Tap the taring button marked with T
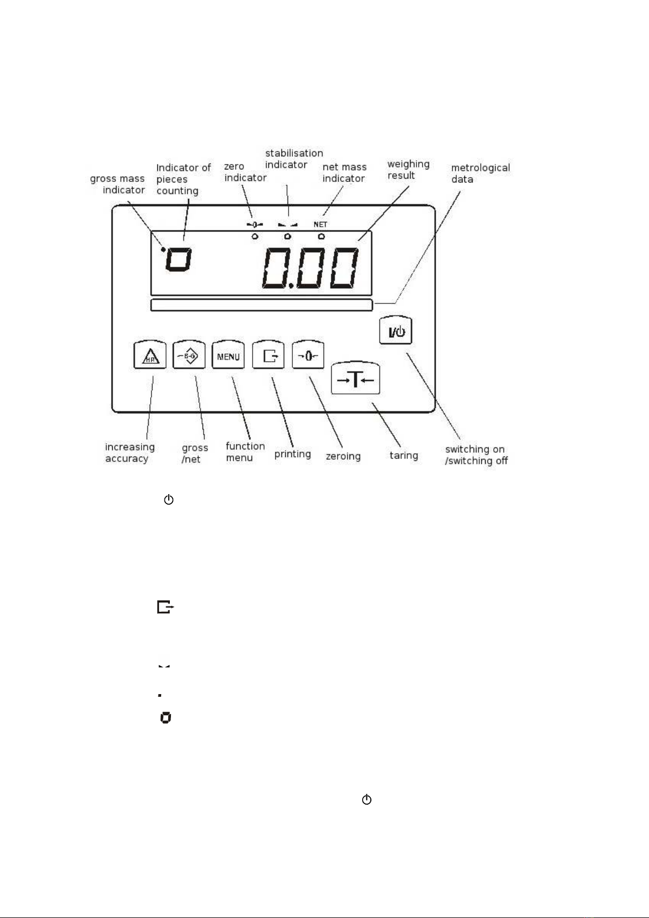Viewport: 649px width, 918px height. (356, 378)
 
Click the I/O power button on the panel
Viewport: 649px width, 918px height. (395, 330)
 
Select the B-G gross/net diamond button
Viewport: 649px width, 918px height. (189, 355)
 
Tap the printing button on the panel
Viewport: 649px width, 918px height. (268, 355)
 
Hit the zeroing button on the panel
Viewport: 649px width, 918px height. (308, 355)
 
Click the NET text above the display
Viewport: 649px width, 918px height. (320, 224)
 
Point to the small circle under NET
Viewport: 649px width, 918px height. (321, 236)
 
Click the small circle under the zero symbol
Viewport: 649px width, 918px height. (255, 236)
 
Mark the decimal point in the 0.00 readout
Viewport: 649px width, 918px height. (291, 285)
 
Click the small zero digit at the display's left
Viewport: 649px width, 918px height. (179, 259)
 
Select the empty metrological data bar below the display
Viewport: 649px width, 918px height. (262, 305)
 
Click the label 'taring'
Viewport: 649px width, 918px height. (404, 455)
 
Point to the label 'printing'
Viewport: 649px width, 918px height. (292, 454)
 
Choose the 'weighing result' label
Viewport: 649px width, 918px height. (408, 169)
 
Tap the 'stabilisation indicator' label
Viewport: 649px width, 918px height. (294, 159)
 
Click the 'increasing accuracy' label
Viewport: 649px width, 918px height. (130, 452)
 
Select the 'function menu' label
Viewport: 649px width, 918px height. (245, 452)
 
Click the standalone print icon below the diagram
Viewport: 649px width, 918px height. (166, 606)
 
